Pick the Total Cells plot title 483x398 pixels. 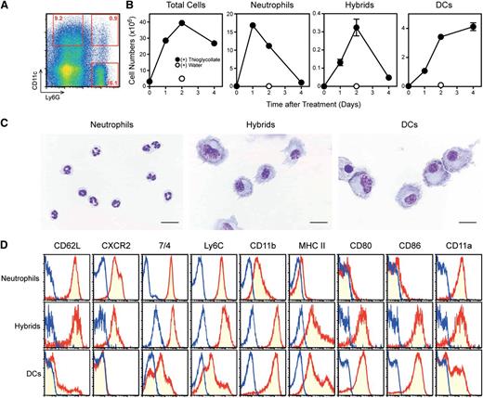click(x=182, y=8)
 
